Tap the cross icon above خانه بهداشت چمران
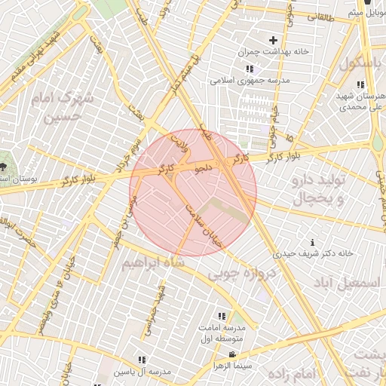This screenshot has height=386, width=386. (273, 40)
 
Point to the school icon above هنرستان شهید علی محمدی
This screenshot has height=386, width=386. (361, 84)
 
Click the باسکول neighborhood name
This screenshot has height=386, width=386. (360, 64)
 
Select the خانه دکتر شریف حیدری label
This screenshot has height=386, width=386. (314, 254)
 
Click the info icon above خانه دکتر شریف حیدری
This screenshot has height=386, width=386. (313, 241)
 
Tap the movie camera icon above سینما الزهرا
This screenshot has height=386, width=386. (231, 354)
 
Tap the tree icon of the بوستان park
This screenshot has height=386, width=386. (5, 165)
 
